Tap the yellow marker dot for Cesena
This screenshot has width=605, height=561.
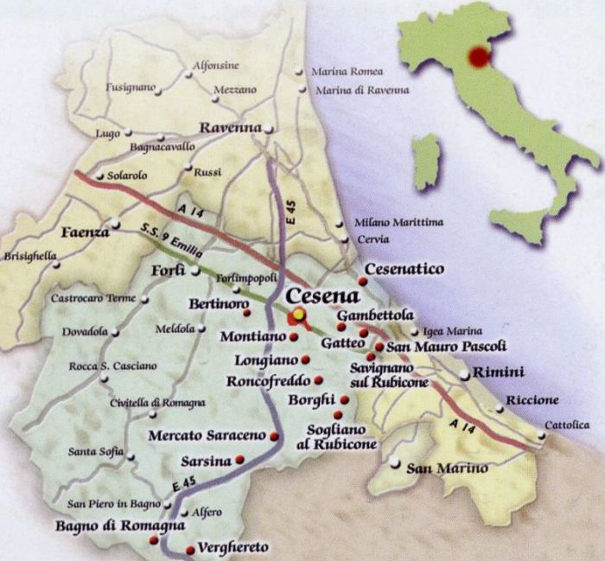(x=298, y=314)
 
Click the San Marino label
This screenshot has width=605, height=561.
(x=447, y=469)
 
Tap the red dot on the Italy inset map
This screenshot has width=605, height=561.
(x=477, y=57)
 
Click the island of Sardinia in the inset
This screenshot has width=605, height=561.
(x=425, y=162)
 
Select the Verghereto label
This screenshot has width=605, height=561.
(x=232, y=547)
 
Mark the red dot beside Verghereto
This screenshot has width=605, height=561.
(x=190, y=548)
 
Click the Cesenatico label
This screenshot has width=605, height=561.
(x=404, y=270)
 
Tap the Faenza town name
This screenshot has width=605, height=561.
(x=85, y=233)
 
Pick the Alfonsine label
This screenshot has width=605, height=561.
(x=215, y=66)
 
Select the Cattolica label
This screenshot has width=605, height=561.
(x=567, y=424)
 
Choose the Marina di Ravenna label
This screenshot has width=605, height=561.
(x=350, y=90)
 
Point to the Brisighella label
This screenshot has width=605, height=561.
(x=30, y=256)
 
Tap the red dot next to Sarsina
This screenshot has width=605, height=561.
(x=239, y=460)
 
